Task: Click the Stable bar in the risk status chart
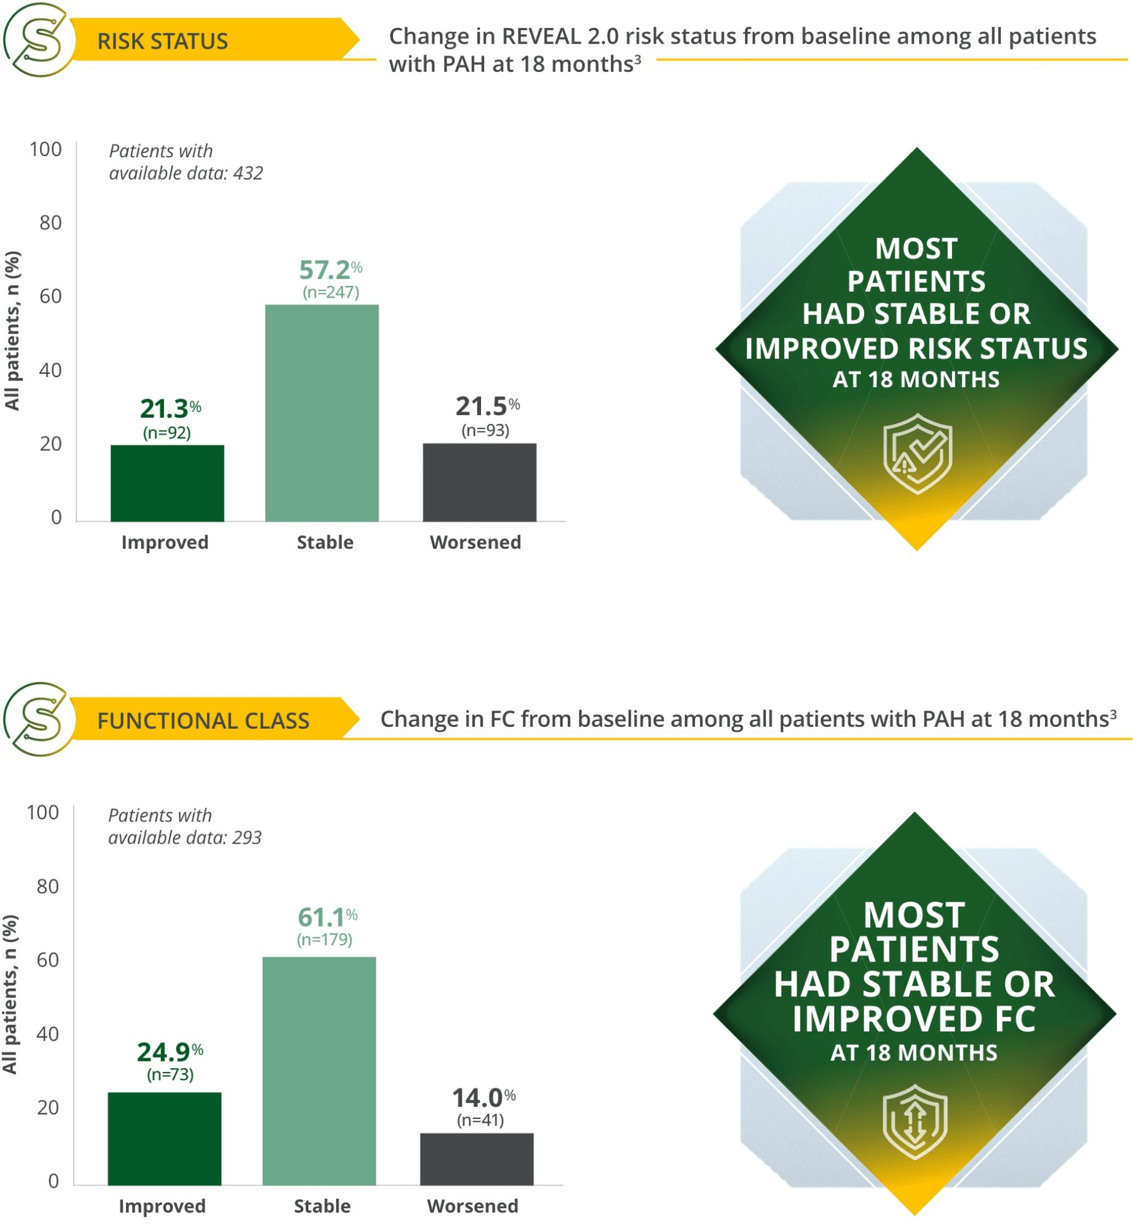point(322,413)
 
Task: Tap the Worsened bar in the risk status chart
point(479,482)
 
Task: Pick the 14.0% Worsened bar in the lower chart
point(477,1159)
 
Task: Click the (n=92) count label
point(167,433)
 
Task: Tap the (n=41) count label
point(480,1119)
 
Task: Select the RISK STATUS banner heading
point(163,41)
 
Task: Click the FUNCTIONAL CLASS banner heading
point(203,721)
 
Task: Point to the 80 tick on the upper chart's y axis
point(51,223)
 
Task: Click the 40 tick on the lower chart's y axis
point(48,1033)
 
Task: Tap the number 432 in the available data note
point(248,173)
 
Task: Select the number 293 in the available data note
point(246,837)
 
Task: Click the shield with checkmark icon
point(917,453)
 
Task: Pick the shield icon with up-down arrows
point(915,1122)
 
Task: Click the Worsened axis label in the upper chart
point(475,542)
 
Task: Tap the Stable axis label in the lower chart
point(322,1206)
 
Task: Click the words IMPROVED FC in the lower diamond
point(913,1019)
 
